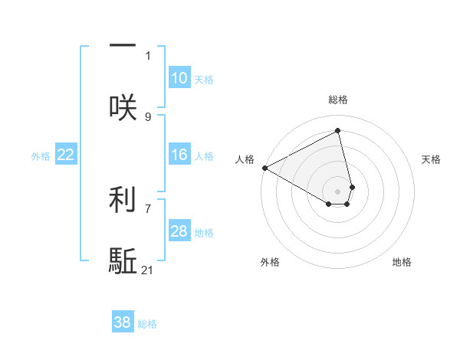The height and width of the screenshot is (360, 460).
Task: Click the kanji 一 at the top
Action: point(123,44)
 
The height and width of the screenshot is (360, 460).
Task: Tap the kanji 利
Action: point(123,198)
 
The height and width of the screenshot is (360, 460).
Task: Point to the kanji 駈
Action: point(123,261)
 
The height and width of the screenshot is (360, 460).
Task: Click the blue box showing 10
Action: point(179,78)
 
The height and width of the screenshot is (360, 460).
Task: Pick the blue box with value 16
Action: point(179,155)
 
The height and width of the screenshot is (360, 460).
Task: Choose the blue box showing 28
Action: point(179,231)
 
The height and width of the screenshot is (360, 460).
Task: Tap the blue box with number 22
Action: point(65,155)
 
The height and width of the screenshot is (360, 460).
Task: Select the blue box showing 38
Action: point(122,322)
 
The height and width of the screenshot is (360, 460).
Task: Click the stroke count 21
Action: point(148,270)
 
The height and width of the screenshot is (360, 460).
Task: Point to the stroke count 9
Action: point(148,116)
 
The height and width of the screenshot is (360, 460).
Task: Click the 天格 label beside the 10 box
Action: point(204,80)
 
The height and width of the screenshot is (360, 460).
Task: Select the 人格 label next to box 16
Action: point(204,156)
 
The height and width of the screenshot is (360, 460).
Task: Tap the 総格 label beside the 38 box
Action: point(147,324)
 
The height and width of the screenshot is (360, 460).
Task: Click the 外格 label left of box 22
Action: point(41,156)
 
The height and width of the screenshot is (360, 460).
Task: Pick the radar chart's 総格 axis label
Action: point(338,100)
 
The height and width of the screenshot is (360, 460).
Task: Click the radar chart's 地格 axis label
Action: point(402,262)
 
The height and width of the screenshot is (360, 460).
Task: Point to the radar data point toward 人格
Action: point(264,168)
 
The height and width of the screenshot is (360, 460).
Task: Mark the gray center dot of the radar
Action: point(338,191)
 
